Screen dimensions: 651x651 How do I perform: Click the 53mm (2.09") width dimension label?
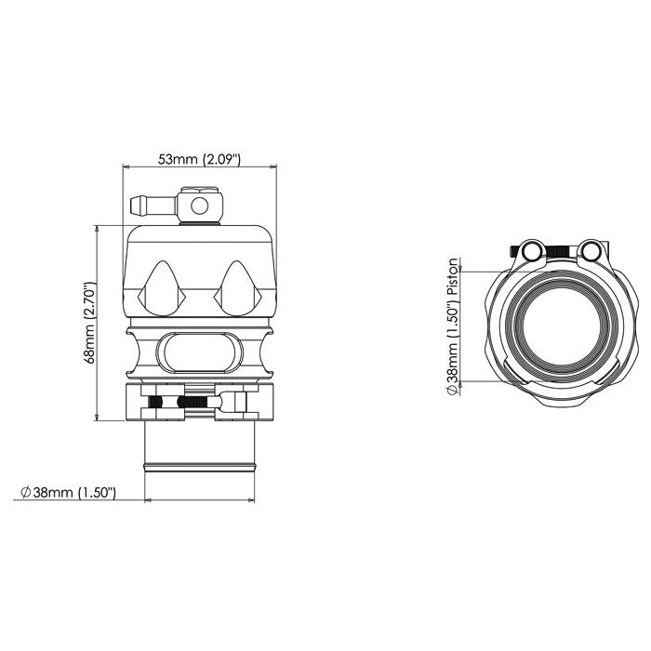point(199,159)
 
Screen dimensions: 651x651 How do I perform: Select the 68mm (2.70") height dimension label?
point(90,323)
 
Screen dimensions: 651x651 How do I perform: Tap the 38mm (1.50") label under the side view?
point(73,492)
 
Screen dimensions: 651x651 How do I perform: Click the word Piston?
point(454,276)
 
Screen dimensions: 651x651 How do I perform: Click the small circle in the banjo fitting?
point(199,206)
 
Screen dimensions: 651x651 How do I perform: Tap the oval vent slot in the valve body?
point(199,352)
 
